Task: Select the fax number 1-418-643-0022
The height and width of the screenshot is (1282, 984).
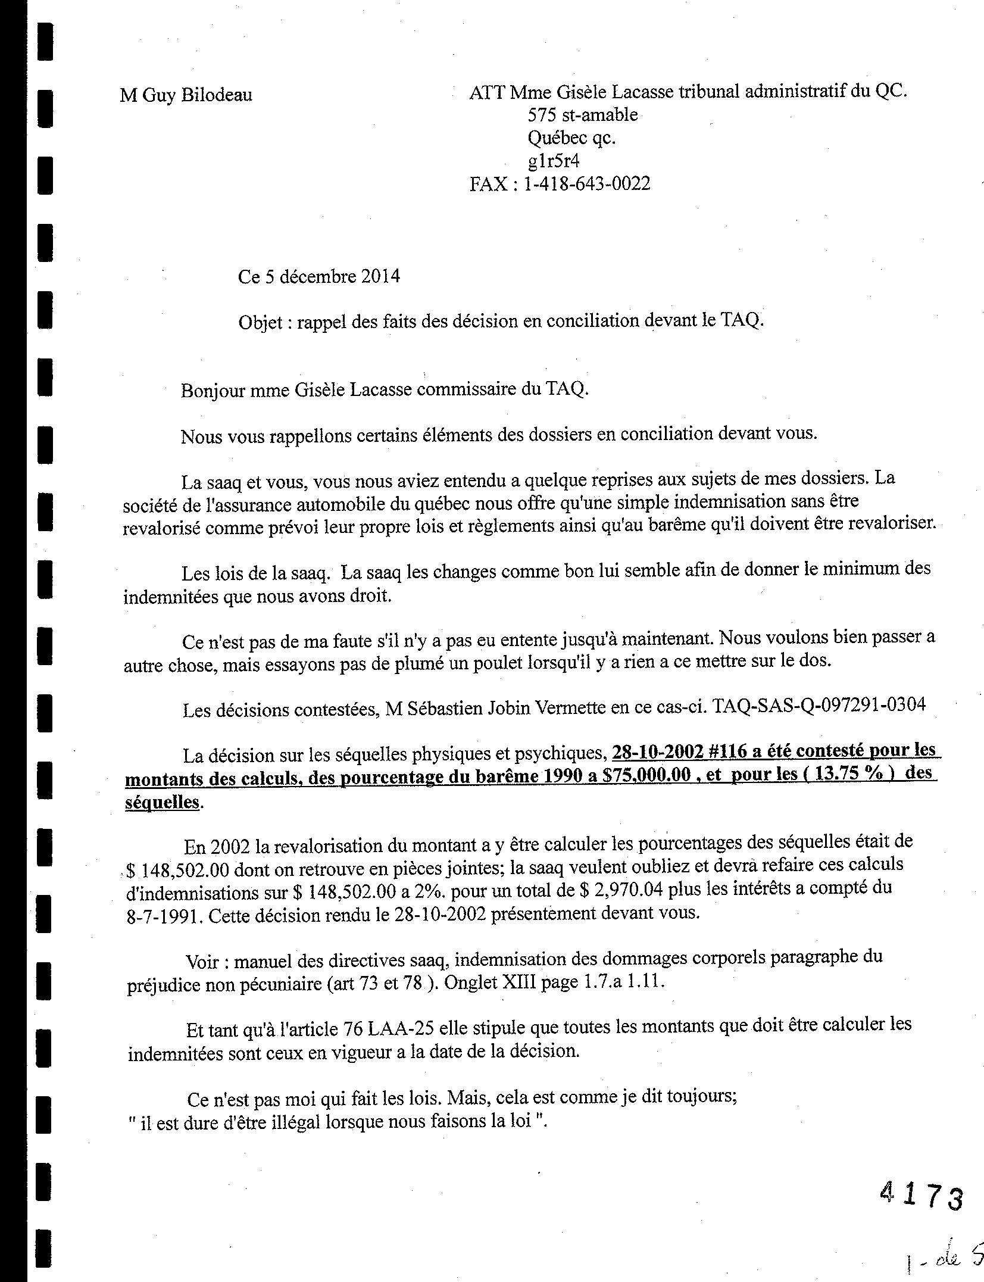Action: click(x=586, y=183)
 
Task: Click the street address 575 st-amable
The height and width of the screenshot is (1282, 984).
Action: click(x=583, y=115)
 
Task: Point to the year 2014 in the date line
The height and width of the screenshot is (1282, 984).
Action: click(x=380, y=277)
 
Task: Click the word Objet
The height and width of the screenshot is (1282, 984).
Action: click(x=260, y=322)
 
